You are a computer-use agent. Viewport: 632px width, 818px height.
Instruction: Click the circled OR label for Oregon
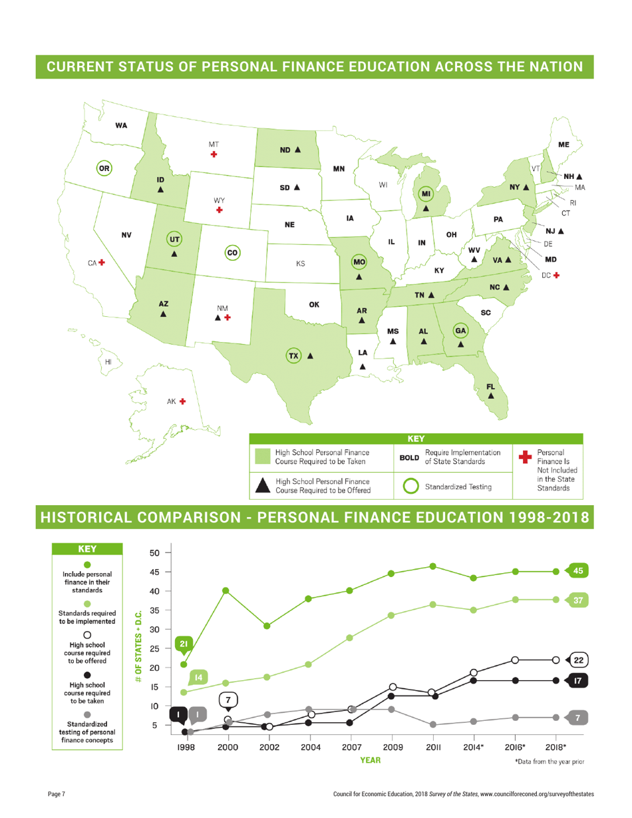click(x=104, y=168)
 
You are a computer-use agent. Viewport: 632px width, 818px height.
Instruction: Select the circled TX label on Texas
click(x=292, y=355)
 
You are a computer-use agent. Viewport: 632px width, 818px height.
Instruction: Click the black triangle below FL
click(x=491, y=395)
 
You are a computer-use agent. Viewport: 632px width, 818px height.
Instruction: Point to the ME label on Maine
click(x=563, y=144)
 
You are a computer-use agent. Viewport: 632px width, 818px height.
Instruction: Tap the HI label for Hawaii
click(x=108, y=361)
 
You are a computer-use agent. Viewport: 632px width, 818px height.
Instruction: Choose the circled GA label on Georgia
click(x=460, y=331)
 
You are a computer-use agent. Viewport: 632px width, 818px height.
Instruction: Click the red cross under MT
click(x=214, y=154)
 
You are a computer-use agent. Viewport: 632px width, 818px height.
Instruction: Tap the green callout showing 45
click(x=579, y=570)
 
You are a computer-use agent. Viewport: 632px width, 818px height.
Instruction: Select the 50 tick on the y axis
click(x=154, y=552)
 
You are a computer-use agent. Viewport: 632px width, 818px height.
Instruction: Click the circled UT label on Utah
click(x=174, y=238)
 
